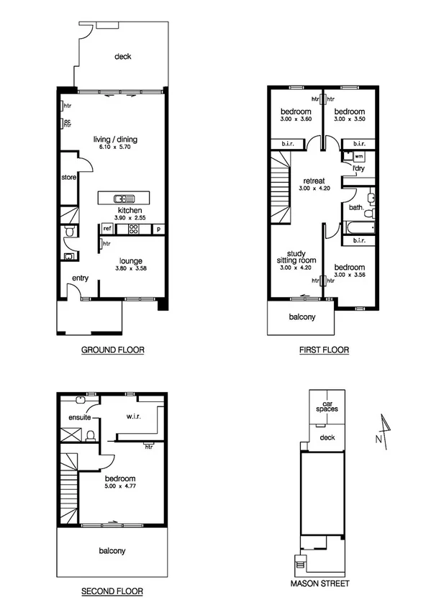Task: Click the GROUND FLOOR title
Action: (x=112, y=350)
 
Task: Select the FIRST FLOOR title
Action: (x=324, y=350)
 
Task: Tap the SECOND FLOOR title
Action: (x=112, y=591)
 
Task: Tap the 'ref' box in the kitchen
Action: (x=106, y=229)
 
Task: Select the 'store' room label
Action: (x=68, y=176)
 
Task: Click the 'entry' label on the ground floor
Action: (x=79, y=279)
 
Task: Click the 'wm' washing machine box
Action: (x=358, y=155)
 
